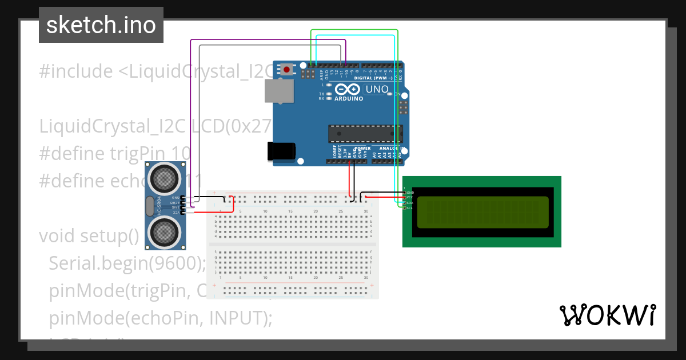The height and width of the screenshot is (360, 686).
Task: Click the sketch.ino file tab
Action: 101,25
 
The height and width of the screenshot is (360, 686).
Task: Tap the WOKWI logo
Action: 607,315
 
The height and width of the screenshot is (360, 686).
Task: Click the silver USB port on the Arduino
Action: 279,91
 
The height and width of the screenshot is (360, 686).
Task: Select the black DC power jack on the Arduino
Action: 281,151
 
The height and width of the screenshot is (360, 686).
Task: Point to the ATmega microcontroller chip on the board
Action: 364,133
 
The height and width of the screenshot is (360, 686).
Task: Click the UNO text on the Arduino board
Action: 376,89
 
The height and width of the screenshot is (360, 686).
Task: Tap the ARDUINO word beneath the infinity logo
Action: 348,99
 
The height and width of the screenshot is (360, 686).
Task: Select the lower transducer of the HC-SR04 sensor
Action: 165,231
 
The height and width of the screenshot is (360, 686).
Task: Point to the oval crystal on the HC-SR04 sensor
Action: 150,205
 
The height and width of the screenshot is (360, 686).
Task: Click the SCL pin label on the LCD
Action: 409,208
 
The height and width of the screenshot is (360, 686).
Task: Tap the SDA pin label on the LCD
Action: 409,203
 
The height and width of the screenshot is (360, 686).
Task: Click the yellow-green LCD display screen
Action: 482,211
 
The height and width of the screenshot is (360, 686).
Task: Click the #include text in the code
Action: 76,71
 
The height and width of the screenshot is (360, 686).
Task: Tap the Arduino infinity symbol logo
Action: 348,89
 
